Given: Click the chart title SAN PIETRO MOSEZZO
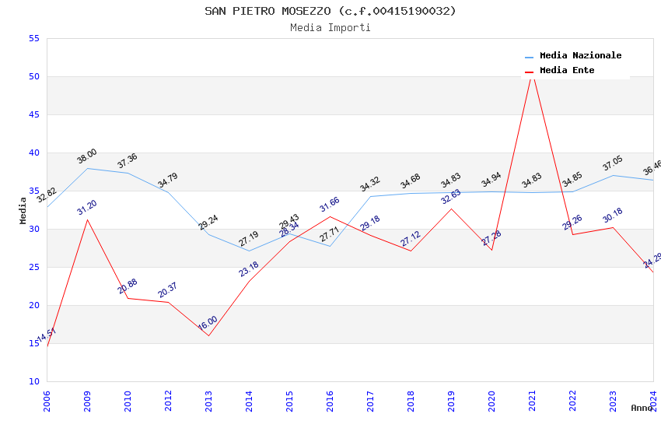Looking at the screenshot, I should click(330, 11).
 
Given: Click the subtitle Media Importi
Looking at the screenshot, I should click(330, 27).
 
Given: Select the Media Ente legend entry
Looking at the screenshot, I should click(567, 71).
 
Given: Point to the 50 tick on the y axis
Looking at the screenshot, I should click(33, 76).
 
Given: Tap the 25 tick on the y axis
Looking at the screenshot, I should click(33, 267).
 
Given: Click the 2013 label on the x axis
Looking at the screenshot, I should click(208, 401).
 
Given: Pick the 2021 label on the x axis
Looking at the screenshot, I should click(532, 401).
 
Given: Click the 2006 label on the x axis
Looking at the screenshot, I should click(47, 401).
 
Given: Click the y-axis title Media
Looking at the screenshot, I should click(23, 210).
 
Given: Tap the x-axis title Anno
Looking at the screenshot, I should click(642, 408).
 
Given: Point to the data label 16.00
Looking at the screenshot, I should click(208, 325).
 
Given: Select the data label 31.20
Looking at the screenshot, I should click(87, 208).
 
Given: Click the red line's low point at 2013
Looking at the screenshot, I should click(208, 335).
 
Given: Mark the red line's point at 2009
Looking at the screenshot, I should click(87, 219).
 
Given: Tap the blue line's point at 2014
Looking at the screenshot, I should click(249, 251).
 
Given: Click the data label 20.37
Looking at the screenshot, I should click(168, 290).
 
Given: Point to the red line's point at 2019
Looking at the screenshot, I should click(451, 209).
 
